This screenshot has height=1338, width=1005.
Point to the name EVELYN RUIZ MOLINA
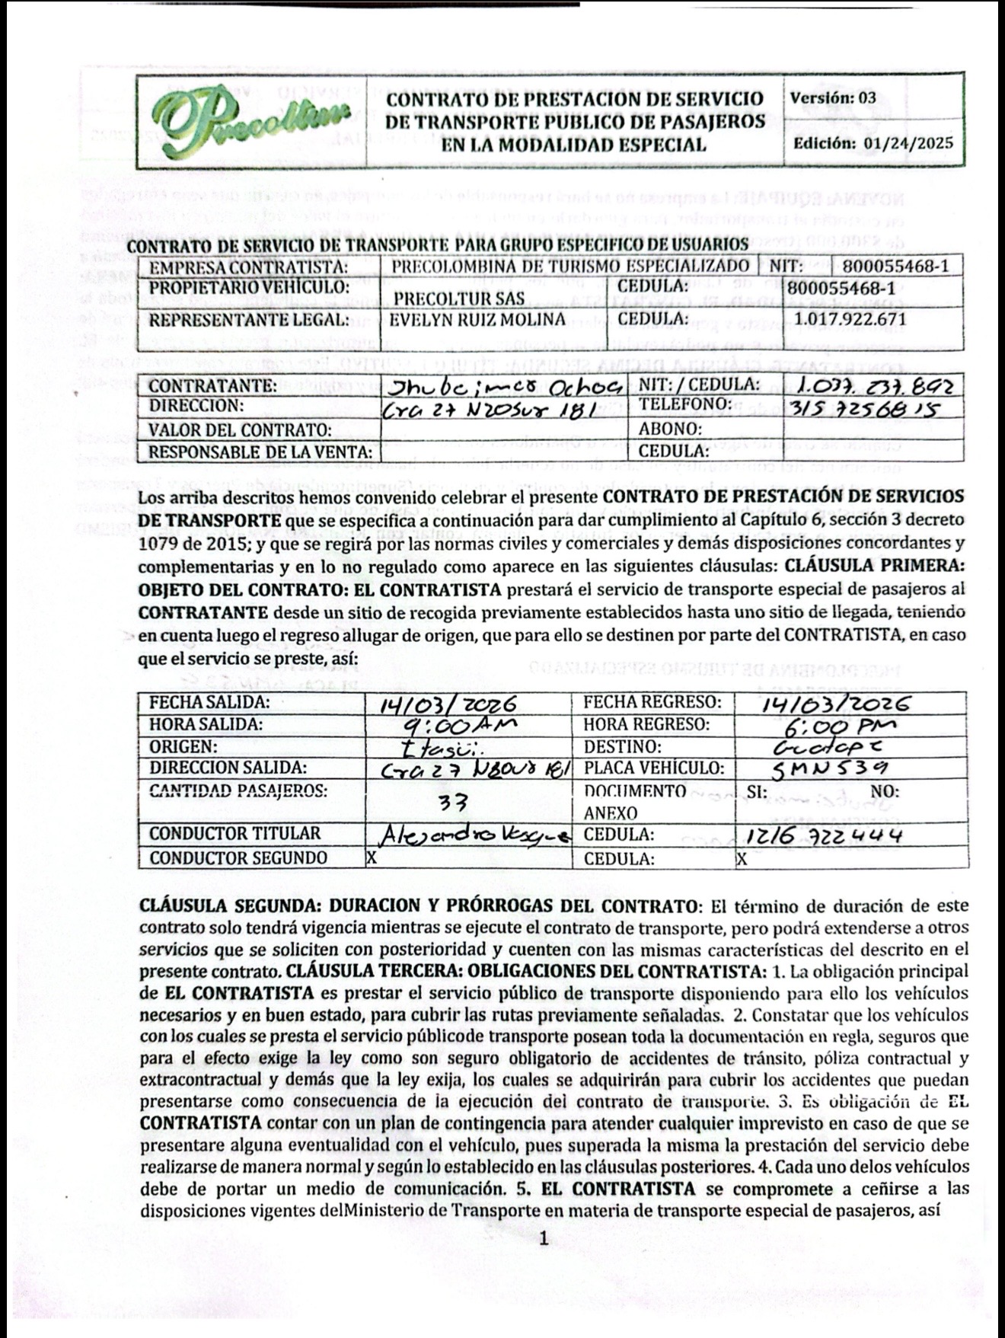point(477,319)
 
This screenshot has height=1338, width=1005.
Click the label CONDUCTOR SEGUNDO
point(238,858)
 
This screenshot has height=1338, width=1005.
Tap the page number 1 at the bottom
point(544,1241)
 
